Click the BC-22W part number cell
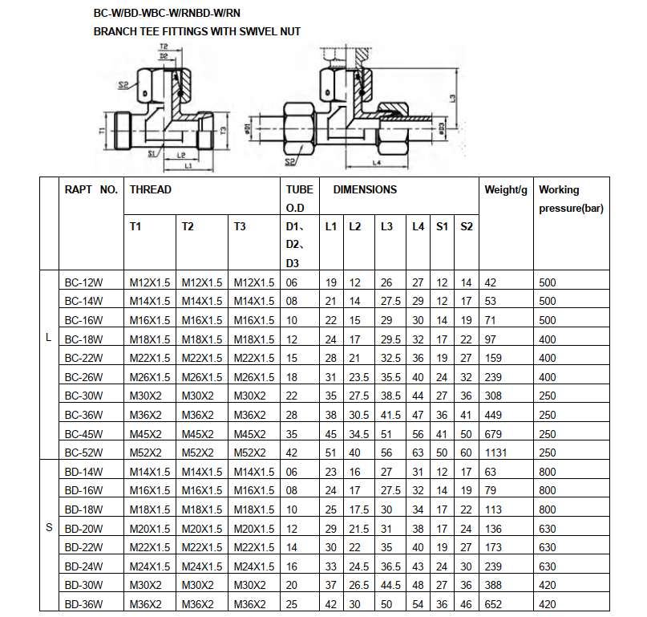pyautogui.click(x=83, y=358)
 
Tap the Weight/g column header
pyautogui.click(x=506, y=190)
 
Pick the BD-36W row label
pyautogui.click(x=84, y=603)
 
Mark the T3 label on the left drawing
pyautogui.click(x=224, y=129)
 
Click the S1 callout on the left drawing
pyautogui.click(x=152, y=151)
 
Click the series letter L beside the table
pyautogui.click(x=49, y=339)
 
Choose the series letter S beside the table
pyautogui.click(x=49, y=527)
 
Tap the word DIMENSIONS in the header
pyautogui.click(x=365, y=190)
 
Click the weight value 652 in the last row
pyautogui.click(x=493, y=603)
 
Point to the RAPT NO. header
pyautogui.click(x=91, y=190)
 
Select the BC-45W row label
pyautogui.click(x=83, y=433)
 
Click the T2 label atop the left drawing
pyautogui.click(x=164, y=48)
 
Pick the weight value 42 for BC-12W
pyautogui.click(x=491, y=282)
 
